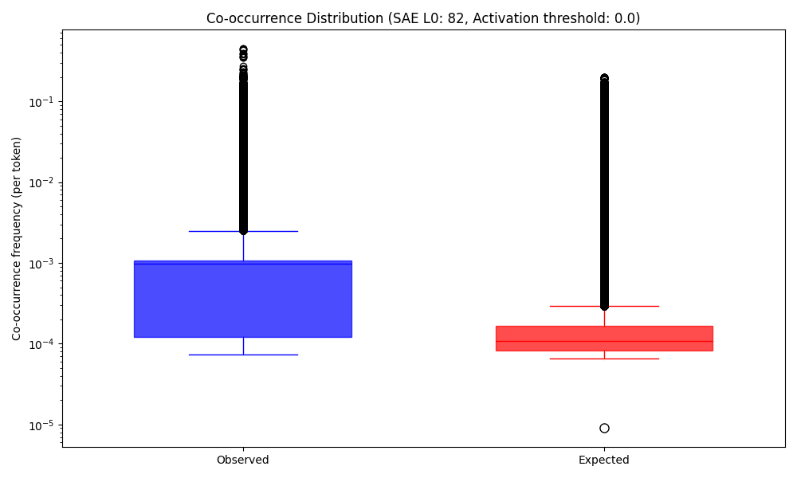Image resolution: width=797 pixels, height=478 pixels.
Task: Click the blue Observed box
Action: tap(243, 300)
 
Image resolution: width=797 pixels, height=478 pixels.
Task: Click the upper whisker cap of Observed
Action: tap(243, 231)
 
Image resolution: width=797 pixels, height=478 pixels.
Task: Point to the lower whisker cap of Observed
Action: tap(243, 355)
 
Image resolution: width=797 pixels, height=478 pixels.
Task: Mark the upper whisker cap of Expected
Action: tap(604, 306)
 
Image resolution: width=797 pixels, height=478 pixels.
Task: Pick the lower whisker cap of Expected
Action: tap(604, 358)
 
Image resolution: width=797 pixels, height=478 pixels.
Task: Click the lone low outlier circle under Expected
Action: tap(604, 428)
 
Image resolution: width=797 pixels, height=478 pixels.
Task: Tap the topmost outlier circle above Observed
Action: tap(243, 49)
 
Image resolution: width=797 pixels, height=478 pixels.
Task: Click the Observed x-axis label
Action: tap(243, 460)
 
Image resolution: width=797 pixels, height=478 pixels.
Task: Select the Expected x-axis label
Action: tap(604, 460)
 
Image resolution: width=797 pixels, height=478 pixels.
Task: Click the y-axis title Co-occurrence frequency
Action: tap(17, 238)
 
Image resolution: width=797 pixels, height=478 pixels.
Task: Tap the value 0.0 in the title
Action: tap(624, 18)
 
